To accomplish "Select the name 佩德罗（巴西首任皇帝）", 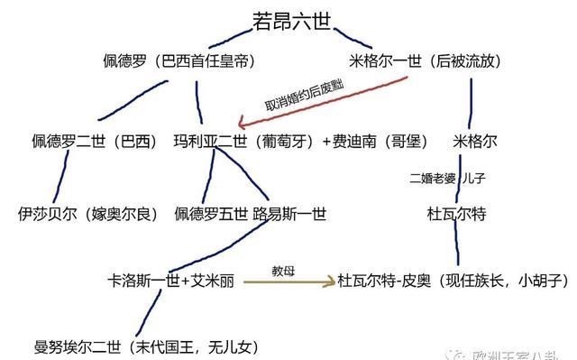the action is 179,62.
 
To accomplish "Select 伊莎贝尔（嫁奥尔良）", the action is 87,214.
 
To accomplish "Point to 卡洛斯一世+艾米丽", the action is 170,282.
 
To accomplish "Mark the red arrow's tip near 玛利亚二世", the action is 238,125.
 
